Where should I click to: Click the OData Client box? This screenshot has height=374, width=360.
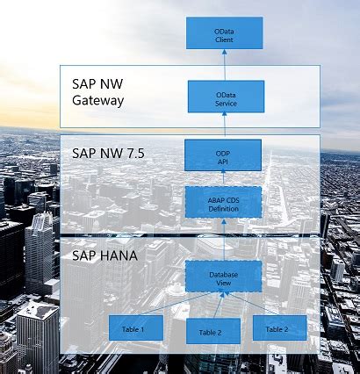pyautogui.click(x=223, y=32)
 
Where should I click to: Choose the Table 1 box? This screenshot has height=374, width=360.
pyautogui.click(x=135, y=328)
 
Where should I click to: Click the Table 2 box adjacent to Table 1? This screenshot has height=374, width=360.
pyautogui.click(x=211, y=331)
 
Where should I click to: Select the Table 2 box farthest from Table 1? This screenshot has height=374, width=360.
pyautogui.click(x=279, y=327)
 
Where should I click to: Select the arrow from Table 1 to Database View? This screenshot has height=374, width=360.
pyautogui.click(x=171, y=305)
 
